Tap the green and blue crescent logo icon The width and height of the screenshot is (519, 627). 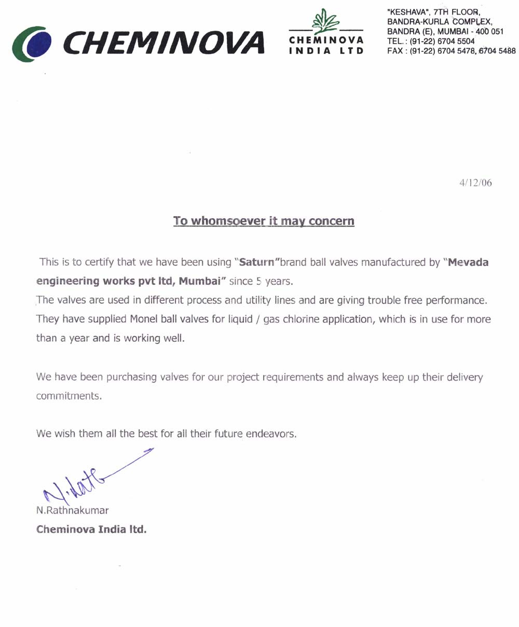pos(32,44)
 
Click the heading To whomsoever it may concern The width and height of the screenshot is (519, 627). pos(264,221)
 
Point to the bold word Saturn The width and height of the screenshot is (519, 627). pos(256,262)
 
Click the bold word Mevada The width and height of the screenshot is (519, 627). pos(468,262)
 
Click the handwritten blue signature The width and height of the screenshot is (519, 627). pos(88,475)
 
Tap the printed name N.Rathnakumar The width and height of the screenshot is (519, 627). pos(72,510)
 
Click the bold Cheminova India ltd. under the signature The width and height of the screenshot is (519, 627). pos(91,530)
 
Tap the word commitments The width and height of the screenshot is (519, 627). pos(67,396)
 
